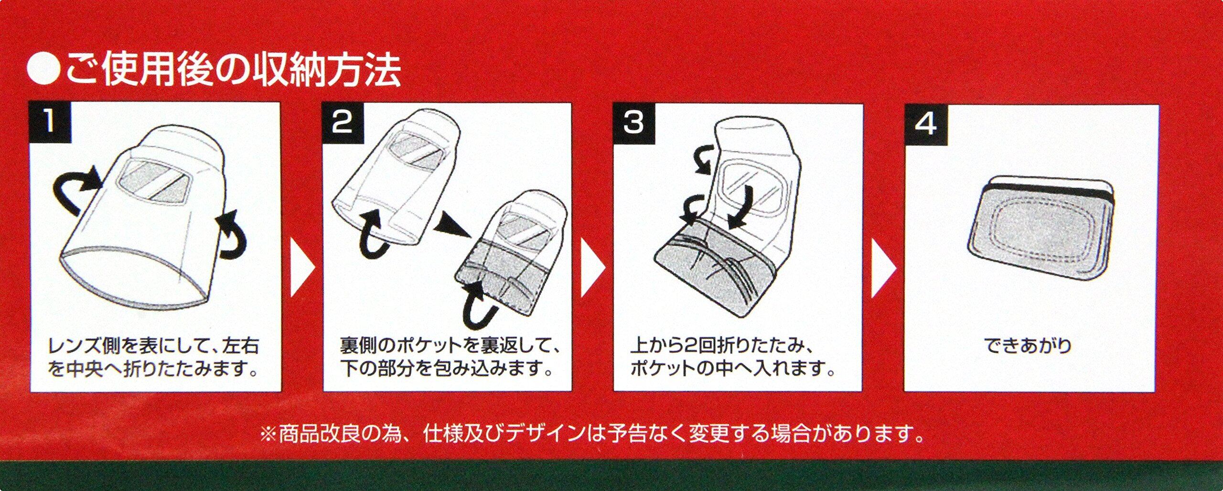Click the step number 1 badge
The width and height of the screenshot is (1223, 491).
point(51,121)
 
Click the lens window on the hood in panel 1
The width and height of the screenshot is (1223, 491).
point(154,181)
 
